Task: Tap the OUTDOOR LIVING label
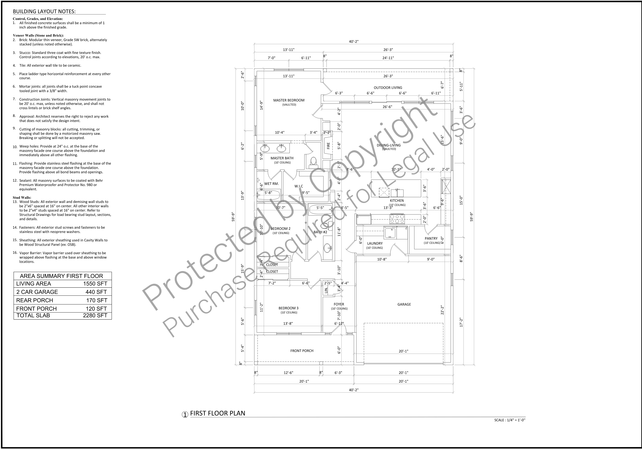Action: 388,88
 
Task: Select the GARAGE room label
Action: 404,304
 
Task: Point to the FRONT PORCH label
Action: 302,351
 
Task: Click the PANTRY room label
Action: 431,239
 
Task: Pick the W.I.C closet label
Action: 299,186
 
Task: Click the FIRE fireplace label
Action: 328,146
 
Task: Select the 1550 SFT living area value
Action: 95,284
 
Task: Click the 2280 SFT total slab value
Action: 95,316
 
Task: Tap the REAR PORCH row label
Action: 35,300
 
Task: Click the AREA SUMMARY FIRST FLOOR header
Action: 62,276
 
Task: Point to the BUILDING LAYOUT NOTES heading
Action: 44,11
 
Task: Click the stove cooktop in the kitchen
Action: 397,219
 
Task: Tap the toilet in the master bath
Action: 313,162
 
